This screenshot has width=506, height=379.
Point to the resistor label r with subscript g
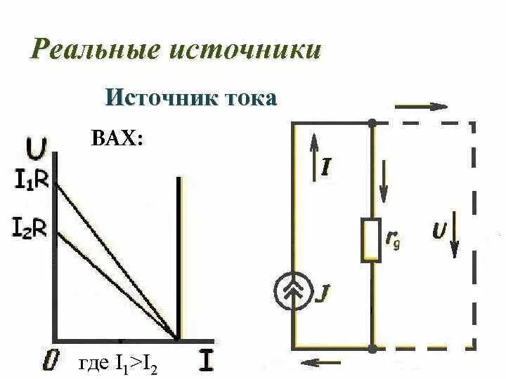pos(394,241)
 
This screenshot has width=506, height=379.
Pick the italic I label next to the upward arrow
pos(326,167)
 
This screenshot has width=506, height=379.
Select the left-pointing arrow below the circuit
pos(318,363)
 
